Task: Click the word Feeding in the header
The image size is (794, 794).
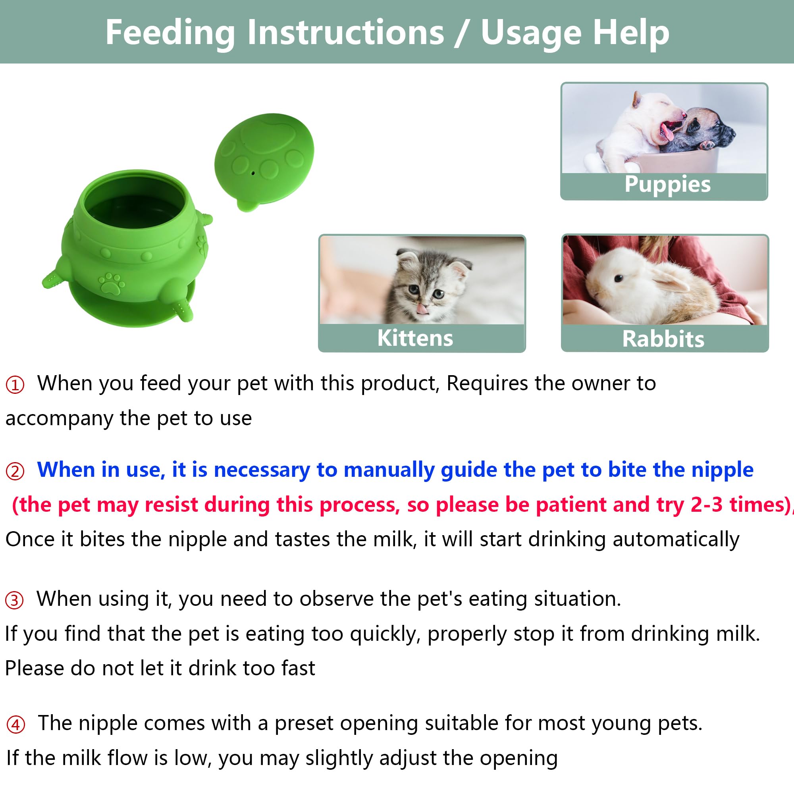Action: tap(170, 33)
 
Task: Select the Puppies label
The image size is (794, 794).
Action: tap(667, 184)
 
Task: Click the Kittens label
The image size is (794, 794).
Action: tap(415, 338)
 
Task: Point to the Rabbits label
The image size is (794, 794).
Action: tap(663, 339)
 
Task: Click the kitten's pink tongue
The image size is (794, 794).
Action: tap(422, 308)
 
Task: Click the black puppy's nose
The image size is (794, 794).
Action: tap(732, 133)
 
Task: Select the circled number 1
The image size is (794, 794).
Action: tap(15, 385)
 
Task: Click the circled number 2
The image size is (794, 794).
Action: tap(15, 471)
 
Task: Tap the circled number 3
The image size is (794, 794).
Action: tap(14, 600)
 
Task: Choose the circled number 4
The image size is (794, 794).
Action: tap(15, 724)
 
